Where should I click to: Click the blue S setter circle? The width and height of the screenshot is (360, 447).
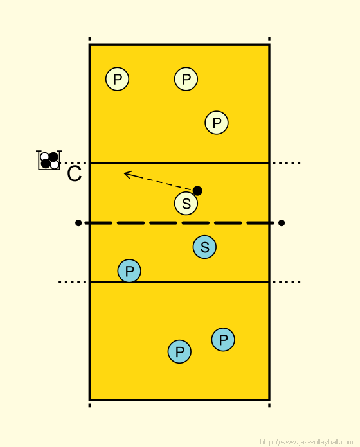click(x=204, y=247)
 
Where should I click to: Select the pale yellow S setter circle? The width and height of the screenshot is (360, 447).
click(x=186, y=203)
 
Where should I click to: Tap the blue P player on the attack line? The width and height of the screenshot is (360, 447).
click(x=129, y=271)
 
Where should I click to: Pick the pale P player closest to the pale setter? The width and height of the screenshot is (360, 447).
click(x=217, y=123)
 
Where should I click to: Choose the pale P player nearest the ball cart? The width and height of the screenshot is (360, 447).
click(x=117, y=79)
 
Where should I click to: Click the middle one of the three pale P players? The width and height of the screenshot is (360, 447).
click(x=186, y=79)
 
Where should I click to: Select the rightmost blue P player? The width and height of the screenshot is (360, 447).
click(x=223, y=340)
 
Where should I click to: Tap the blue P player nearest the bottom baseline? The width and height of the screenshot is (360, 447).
click(x=179, y=351)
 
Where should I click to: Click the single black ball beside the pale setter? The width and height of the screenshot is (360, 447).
click(x=197, y=191)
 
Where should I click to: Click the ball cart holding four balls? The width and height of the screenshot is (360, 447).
click(x=49, y=160)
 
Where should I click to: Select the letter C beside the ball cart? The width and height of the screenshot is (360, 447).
click(x=75, y=173)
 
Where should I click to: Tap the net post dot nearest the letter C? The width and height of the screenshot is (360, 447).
click(x=78, y=223)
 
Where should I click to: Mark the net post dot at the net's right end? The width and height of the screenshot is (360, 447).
click(x=282, y=223)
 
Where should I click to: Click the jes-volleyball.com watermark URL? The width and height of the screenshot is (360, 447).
click(x=307, y=442)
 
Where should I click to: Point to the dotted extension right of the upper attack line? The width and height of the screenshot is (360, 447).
click(x=286, y=163)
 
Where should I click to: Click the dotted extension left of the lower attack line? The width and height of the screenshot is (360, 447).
click(x=73, y=282)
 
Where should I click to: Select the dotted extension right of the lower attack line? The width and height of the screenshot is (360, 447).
click(x=286, y=282)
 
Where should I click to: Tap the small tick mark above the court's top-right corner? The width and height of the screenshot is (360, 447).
click(x=269, y=39)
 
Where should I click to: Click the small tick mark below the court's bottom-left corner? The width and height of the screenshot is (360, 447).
click(x=89, y=405)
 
